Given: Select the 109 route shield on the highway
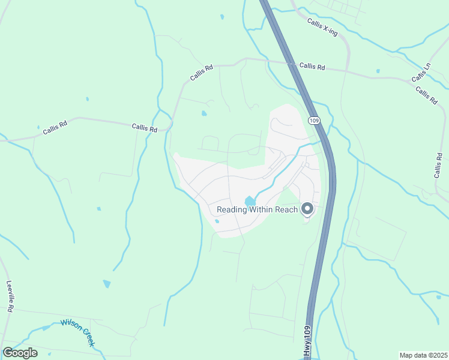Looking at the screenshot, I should [315, 121].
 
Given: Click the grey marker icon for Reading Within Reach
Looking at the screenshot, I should [307, 209].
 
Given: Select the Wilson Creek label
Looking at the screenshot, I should [77, 332].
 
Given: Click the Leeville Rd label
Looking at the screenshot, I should [10, 296].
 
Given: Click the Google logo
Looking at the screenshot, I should [20, 352].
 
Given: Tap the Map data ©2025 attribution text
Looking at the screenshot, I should [423, 355].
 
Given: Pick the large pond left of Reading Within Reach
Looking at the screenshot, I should [249, 202].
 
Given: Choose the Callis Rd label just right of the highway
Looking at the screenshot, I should [312, 67].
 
